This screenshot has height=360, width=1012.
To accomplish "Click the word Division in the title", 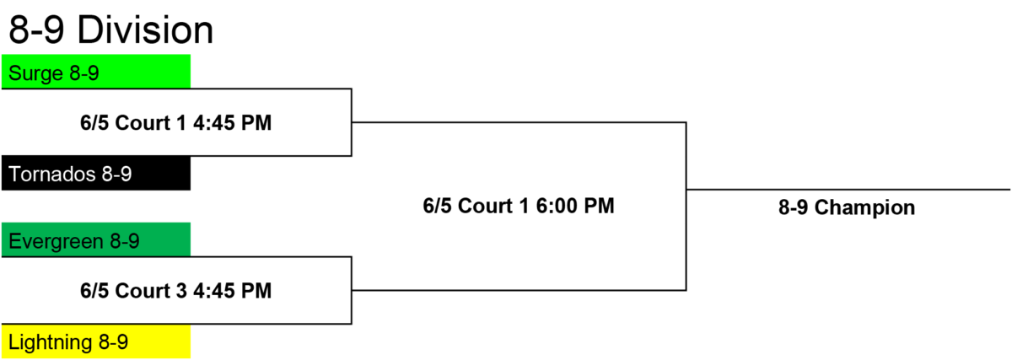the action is pyautogui.click(x=145, y=30).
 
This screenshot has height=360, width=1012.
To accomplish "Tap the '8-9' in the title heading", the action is pyautogui.click(x=36, y=30).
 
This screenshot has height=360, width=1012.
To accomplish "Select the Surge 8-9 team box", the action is pyautogui.click(x=96, y=72).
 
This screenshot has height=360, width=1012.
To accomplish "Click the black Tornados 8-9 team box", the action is pyautogui.click(x=96, y=173).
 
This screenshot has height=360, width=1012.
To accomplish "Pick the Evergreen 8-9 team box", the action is pyautogui.click(x=96, y=239).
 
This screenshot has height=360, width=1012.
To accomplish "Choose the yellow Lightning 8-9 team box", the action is pyautogui.click(x=96, y=341).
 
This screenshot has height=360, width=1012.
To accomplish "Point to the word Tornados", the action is pyautogui.click(x=52, y=174).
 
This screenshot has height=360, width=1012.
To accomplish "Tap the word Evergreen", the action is pyautogui.click(x=56, y=242).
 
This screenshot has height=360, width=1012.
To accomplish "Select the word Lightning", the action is pyautogui.click(x=51, y=343).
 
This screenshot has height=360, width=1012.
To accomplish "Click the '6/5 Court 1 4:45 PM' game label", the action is pyautogui.click(x=175, y=123).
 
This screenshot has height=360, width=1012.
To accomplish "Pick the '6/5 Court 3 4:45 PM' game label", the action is pyautogui.click(x=175, y=290).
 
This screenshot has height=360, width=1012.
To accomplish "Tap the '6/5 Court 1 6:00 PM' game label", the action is pyautogui.click(x=519, y=206).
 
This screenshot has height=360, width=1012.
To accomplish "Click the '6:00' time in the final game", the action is pyautogui.click(x=557, y=206).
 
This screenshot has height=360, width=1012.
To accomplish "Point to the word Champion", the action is pyautogui.click(x=864, y=208).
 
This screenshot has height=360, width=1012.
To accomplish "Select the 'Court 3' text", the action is pyautogui.click(x=151, y=290).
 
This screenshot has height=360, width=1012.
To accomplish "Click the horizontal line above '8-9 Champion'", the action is pyautogui.click(x=848, y=190).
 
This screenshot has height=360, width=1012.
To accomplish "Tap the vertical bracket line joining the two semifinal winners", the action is pyautogui.click(x=686, y=206).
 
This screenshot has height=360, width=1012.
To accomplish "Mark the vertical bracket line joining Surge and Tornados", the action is pyautogui.click(x=352, y=122).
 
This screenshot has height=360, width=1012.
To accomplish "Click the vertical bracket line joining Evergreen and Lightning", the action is pyautogui.click(x=352, y=290).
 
